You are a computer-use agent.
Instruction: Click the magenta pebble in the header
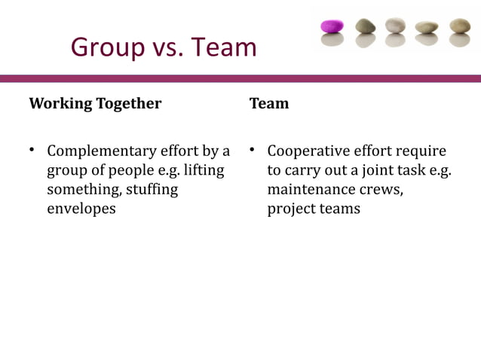click(x=332, y=26)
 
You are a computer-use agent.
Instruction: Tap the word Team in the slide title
click(x=223, y=47)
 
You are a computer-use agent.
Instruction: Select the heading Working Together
click(x=95, y=103)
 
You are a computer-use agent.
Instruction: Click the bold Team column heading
click(x=269, y=103)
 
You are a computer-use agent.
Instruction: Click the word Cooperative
click(x=308, y=151)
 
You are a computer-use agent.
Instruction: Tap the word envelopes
click(x=81, y=209)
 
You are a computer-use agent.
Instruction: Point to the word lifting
click(x=204, y=170)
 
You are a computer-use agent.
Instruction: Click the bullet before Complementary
click(x=32, y=151)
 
